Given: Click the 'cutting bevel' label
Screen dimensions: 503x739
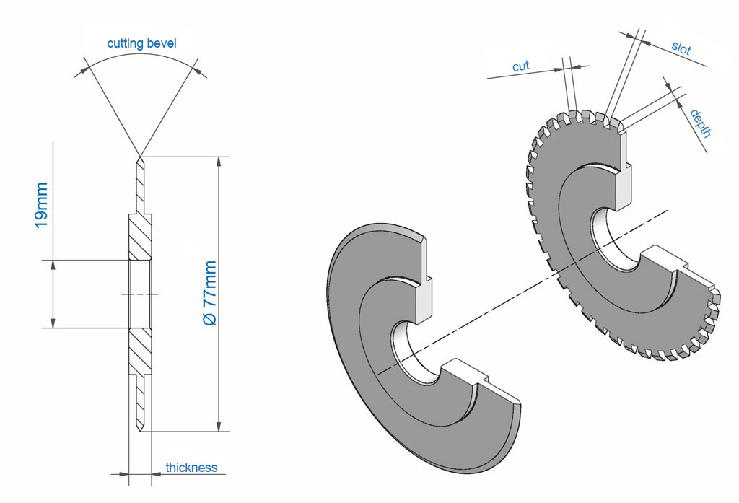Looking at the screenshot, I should tap(141, 43).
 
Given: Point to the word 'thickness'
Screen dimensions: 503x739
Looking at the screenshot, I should tap(191, 467).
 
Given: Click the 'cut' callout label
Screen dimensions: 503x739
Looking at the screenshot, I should tap(520, 66).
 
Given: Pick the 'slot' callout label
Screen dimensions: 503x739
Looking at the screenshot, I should tap(681, 49).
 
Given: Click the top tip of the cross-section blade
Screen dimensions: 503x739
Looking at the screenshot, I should tap(139, 159).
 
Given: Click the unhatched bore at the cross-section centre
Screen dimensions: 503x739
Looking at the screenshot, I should tap(139, 294).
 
